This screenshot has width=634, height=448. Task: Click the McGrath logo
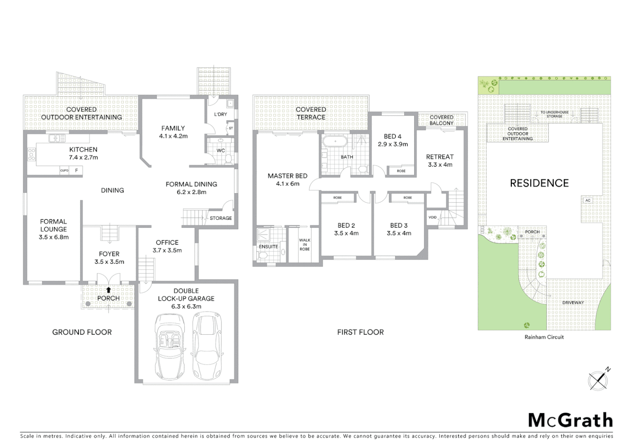pyautogui.click(x=570, y=420)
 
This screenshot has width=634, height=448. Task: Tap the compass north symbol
pyautogui.click(x=598, y=380)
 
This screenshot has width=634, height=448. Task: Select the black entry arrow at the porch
pyautogui.click(x=109, y=290)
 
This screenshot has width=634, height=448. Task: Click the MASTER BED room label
pyautogui.click(x=287, y=176)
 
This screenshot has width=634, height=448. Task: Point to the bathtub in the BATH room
pyautogui.click(x=335, y=142)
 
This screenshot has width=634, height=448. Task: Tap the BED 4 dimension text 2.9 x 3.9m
pyautogui.click(x=393, y=144)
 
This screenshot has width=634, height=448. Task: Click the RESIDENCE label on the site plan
pyautogui.click(x=539, y=183)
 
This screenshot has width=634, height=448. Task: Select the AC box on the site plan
pyautogui.click(x=588, y=200)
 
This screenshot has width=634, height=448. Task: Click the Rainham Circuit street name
pyautogui.click(x=544, y=337)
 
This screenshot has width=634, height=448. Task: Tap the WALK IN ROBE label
pyautogui.click(x=305, y=244)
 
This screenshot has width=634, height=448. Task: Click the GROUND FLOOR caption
pyautogui.click(x=82, y=332)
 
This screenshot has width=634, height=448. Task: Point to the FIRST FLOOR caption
pyautogui.click(x=360, y=332)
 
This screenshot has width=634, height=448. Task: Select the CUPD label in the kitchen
pyautogui.click(x=64, y=170)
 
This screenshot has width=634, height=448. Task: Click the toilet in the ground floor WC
pyautogui.click(x=228, y=158)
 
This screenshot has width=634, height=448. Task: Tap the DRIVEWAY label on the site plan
pyautogui.click(x=573, y=303)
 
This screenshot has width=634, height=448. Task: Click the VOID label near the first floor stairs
pyautogui.click(x=432, y=217)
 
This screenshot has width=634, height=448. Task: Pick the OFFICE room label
pyautogui.click(x=167, y=242)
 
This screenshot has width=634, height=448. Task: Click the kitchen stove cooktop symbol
pyautogui.click(x=32, y=154)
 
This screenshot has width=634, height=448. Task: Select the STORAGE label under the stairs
pyautogui.click(x=220, y=218)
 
